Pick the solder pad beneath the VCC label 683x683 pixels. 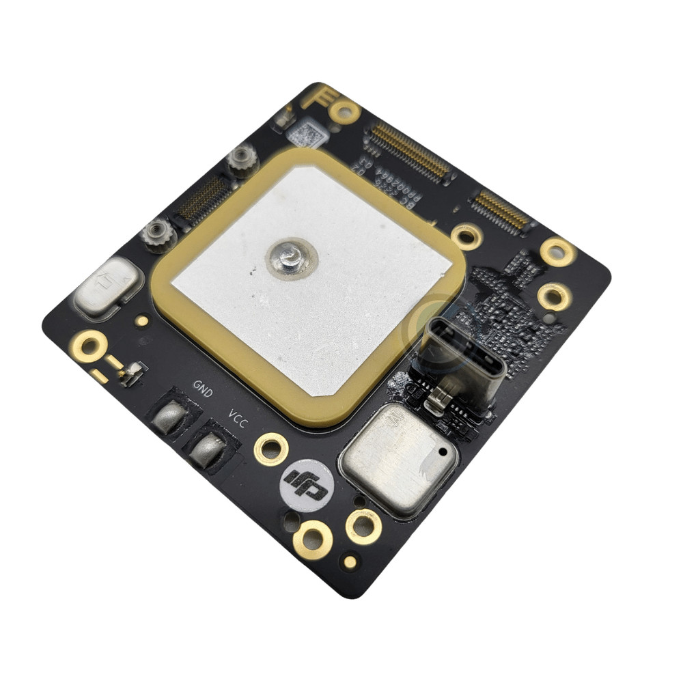point(207,449)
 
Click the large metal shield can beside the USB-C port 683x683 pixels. point(399,458)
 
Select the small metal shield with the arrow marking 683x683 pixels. point(109,285)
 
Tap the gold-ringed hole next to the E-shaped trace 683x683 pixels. point(344,110)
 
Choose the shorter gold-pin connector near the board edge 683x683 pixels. point(502,210)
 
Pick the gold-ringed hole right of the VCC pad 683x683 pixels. point(270,449)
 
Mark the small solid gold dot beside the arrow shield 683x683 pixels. point(141,320)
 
